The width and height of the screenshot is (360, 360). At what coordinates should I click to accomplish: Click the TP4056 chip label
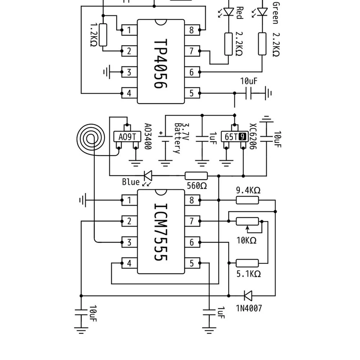click(161, 63)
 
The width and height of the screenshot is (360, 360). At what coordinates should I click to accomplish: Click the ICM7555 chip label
click(161, 232)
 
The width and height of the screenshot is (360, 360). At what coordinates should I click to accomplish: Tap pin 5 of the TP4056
click(192, 93)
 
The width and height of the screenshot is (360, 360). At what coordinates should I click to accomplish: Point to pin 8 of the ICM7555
click(192, 200)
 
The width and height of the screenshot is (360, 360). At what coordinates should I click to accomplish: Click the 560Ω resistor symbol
click(196, 176)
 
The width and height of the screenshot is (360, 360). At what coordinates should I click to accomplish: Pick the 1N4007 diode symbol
click(248, 296)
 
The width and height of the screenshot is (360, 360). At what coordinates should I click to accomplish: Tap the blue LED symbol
click(148, 176)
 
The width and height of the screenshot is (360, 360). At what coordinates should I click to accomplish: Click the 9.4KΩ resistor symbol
click(247, 200)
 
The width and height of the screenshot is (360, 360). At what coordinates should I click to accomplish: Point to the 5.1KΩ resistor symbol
click(247, 263)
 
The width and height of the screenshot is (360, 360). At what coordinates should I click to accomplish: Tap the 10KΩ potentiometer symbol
click(247, 221)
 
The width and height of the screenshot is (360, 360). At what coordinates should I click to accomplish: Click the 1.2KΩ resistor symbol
click(103, 35)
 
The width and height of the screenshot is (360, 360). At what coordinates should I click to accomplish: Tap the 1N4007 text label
click(249, 308)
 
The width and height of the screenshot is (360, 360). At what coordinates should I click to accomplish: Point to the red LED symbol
click(229, 12)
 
